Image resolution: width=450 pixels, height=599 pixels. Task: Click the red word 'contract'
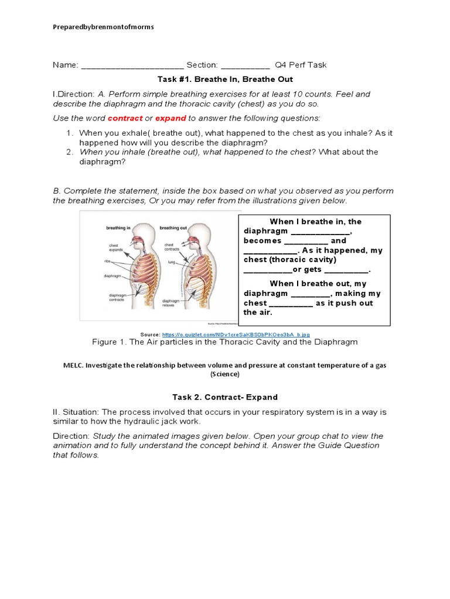(125, 118)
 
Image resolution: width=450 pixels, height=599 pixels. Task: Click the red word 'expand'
(171, 118)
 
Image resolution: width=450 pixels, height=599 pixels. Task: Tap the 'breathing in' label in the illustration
(118, 227)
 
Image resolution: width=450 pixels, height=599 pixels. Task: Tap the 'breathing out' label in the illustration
(173, 227)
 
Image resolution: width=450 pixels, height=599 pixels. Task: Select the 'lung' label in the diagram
(172, 263)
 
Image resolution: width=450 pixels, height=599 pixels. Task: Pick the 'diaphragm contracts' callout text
(118, 298)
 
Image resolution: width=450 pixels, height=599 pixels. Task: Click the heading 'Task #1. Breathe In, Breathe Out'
(225, 79)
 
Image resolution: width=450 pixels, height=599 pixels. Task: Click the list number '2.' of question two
(69, 152)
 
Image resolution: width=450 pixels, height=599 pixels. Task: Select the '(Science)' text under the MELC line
(225, 374)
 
